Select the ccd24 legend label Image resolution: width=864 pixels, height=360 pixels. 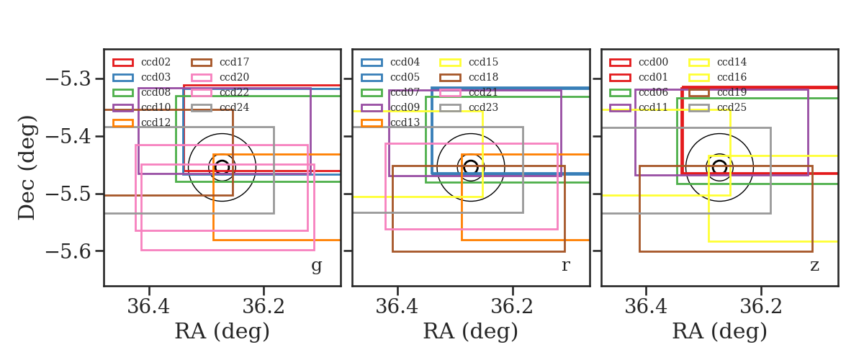[234, 107]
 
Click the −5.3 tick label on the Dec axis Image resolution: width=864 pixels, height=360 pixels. [68, 79]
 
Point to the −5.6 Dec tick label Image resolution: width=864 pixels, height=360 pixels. [68, 251]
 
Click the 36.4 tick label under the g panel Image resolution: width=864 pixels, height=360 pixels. [148, 307]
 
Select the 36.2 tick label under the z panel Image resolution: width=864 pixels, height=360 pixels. [761, 307]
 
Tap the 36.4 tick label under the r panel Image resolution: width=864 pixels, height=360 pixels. [397, 307]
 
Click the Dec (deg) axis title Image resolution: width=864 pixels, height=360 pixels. [27, 168]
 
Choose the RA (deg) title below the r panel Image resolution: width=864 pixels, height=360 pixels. [471, 331]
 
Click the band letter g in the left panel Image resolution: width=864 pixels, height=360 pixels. [316, 266]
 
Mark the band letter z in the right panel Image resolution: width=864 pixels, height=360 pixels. [814, 266]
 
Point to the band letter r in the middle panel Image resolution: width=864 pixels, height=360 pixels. [565, 266]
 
